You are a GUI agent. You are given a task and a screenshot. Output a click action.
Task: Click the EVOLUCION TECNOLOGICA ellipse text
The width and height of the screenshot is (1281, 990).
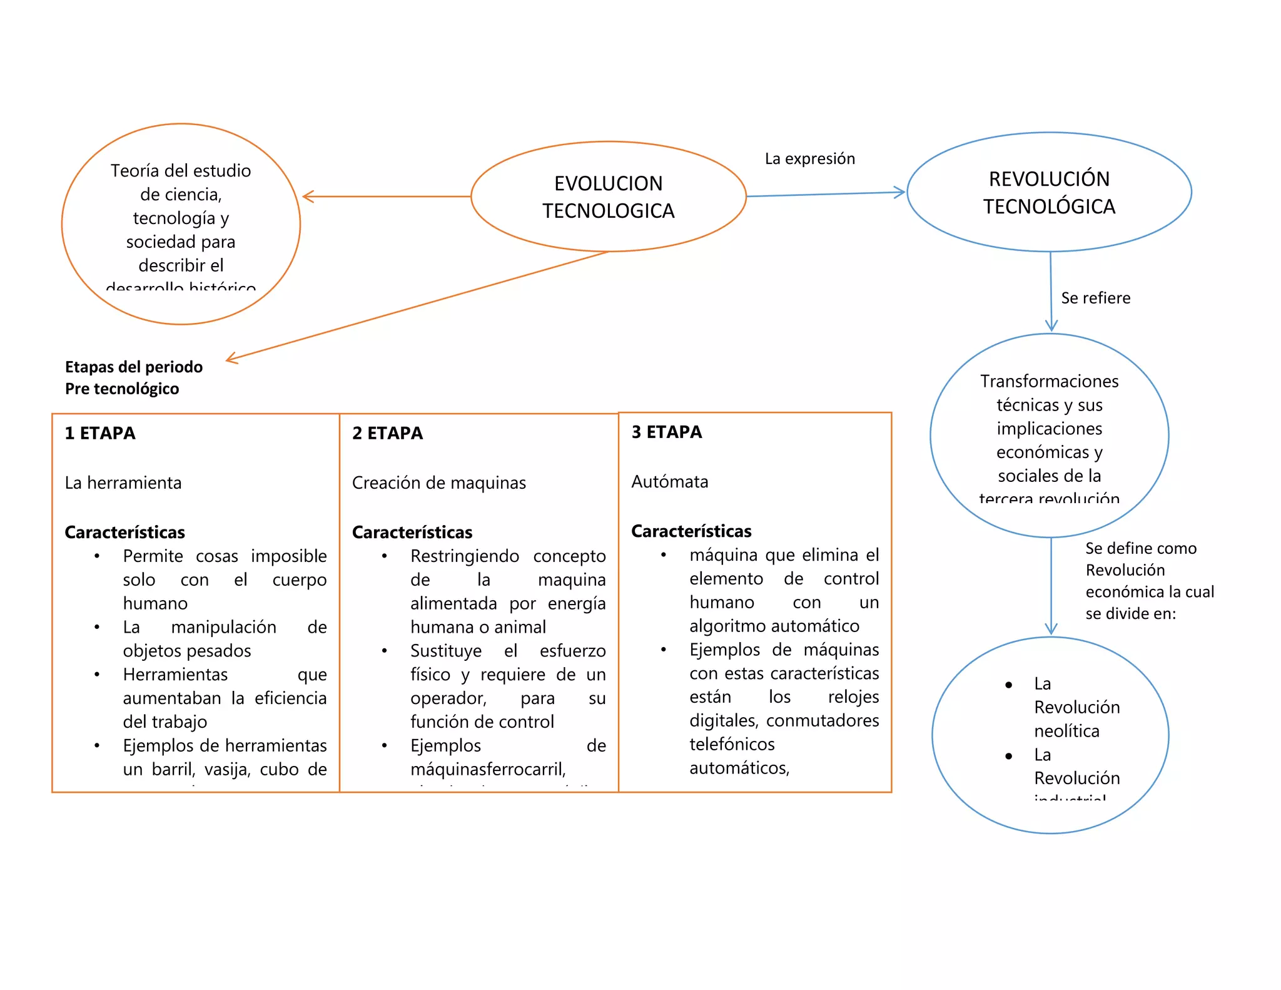point(608,196)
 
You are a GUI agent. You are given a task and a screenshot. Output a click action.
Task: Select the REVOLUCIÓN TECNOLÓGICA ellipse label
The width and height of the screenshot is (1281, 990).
point(1049,192)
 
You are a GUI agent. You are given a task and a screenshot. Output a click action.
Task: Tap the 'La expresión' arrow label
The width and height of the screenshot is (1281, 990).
point(809,158)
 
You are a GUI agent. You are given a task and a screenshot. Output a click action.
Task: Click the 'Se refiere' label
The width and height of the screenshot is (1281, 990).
point(1095,298)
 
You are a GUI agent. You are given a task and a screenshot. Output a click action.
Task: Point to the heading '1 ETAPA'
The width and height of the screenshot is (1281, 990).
point(100,433)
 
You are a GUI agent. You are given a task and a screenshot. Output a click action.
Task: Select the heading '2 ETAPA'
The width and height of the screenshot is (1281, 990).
point(387,433)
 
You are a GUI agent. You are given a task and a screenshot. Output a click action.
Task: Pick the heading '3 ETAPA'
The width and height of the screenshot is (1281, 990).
point(666,432)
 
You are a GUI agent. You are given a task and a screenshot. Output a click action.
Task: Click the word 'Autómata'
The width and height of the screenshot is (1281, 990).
point(669,481)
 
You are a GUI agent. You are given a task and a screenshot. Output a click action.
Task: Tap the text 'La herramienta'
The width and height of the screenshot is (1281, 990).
point(123,482)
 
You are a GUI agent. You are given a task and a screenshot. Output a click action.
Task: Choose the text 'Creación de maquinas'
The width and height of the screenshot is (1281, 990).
point(438,482)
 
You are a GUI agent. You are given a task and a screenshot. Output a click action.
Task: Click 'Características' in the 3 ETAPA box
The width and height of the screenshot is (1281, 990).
point(691,531)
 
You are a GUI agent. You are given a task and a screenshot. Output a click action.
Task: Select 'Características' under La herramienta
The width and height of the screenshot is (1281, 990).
point(124,532)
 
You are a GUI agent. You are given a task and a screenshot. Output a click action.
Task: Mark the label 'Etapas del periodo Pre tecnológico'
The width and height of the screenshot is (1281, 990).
point(133,377)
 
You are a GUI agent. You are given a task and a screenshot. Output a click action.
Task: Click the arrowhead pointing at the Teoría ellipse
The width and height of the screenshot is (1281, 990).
point(306,196)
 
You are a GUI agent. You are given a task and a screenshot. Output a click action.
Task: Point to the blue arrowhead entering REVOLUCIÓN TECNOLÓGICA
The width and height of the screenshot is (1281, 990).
point(901,192)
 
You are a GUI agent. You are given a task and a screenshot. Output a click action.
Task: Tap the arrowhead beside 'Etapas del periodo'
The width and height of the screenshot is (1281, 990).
point(230,359)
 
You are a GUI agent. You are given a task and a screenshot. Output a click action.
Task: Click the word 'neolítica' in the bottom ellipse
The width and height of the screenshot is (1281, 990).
point(1066,731)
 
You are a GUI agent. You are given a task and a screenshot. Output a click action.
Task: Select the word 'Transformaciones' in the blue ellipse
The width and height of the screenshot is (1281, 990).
point(1049,381)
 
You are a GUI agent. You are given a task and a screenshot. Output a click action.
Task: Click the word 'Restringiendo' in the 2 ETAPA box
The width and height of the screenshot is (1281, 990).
point(464,556)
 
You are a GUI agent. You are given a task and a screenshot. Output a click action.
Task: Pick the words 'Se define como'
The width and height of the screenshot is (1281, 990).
point(1140,548)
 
